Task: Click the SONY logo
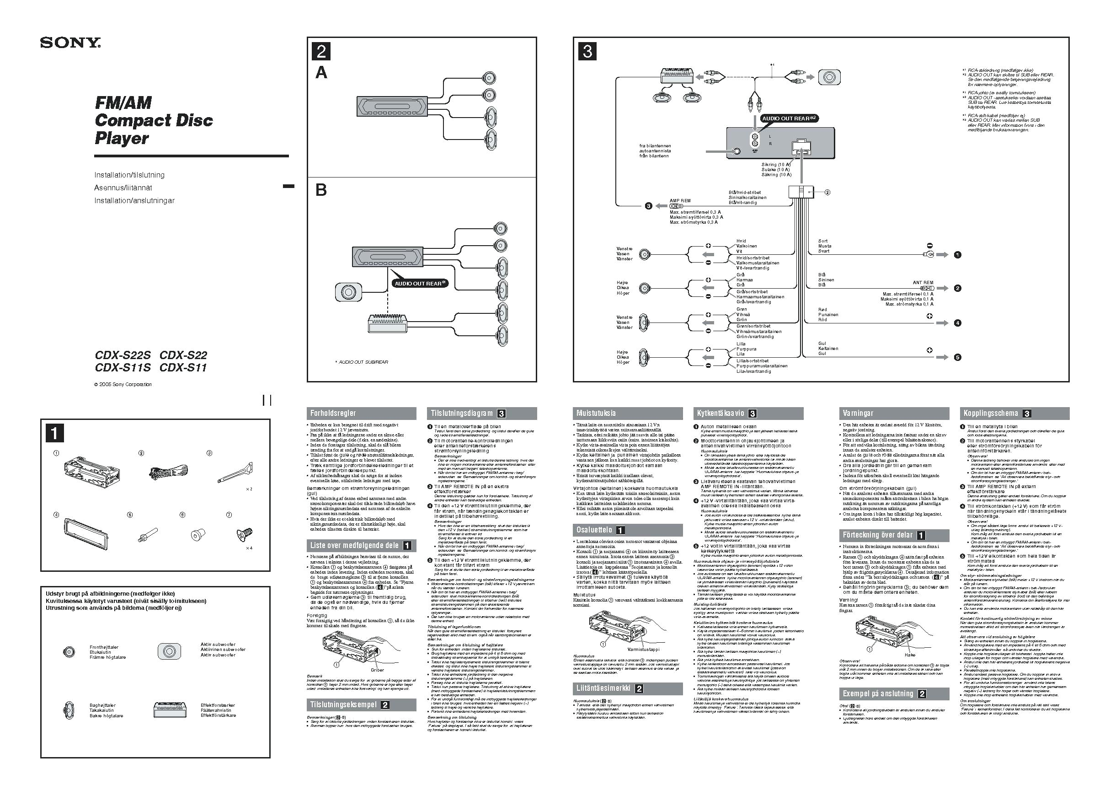point(70,43)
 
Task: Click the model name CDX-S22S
point(123,355)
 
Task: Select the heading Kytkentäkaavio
point(720,413)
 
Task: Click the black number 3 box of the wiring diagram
point(587,51)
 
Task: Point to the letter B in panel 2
point(321,190)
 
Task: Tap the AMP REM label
point(680,201)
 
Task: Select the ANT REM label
point(923,283)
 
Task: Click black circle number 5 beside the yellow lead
point(957,357)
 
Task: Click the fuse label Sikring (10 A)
point(776,165)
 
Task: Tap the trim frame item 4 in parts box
point(85,534)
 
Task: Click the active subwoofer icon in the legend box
point(169,651)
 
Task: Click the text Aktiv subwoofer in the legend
point(218,645)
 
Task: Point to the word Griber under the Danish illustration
point(377,670)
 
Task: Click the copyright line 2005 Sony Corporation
point(123,384)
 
